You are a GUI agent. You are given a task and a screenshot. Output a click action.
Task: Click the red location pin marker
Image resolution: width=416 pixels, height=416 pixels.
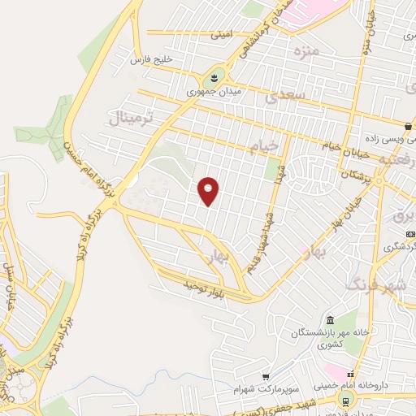[209, 191]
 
